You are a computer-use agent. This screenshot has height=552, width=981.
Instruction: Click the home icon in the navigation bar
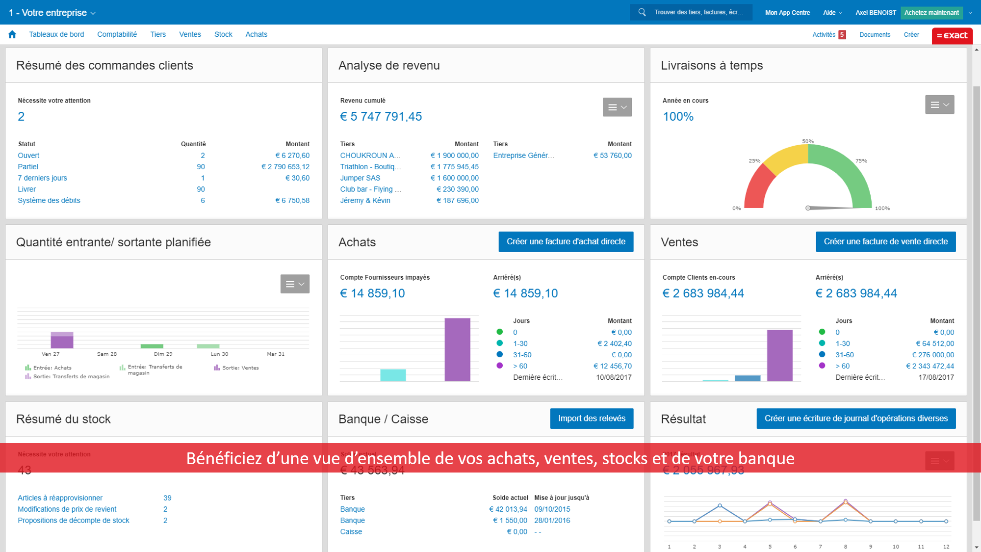click(x=12, y=34)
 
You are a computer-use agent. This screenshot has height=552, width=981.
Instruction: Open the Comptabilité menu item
click(x=117, y=34)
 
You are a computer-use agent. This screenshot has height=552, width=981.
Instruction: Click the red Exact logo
click(x=952, y=35)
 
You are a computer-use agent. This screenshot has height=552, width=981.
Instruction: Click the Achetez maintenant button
click(x=931, y=13)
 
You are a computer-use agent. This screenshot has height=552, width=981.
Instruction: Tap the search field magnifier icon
click(x=642, y=12)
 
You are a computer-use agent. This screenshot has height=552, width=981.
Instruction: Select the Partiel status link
click(x=28, y=167)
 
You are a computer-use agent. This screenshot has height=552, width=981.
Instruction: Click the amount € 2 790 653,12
click(x=285, y=167)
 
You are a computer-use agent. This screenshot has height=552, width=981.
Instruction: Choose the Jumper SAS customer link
click(x=360, y=178)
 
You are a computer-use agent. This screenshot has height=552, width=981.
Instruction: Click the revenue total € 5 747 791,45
click(x=381, y=117)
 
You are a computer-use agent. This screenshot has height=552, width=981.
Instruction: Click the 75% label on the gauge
click(x=861, y=161)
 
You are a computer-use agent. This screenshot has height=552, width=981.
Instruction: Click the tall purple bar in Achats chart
click(x=457, y=349)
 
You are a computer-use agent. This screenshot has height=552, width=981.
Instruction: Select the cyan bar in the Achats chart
click(x=393, y=375)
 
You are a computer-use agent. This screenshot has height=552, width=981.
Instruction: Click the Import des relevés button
click(x=592, y=419)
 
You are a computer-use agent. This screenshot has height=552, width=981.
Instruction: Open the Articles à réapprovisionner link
click(x=60, y=498)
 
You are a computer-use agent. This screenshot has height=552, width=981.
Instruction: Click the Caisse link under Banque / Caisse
click(x=351, y=532)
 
